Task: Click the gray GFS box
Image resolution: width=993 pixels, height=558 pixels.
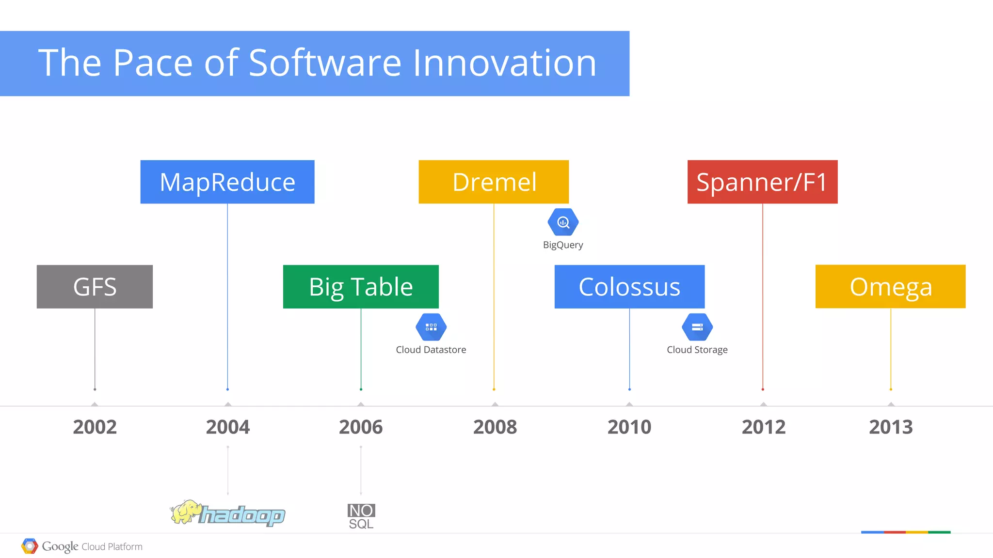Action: pyautogui.click(x=95, y=286)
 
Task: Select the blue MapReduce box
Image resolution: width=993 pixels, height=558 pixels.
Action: pyautogui.click(x=227, y=182)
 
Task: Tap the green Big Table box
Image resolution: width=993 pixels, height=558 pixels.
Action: pyautogui.click(x=361, y=286)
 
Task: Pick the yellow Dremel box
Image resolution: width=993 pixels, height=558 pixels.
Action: pyautogui.click(x=494, y=182)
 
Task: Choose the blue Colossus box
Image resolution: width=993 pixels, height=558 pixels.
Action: pyautogui.click(x=629, y=286)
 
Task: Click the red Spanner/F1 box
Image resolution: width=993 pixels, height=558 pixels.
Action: pyautogui.click(x=762, y=182)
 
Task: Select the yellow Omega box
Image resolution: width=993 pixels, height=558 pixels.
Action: pyautogui.click(x=890, y=286)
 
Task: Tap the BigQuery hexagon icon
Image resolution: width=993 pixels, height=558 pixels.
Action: pyautogui.click(x=563, y=222)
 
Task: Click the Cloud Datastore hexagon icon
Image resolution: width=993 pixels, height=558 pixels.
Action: pyautogui.click(x=431, y=327)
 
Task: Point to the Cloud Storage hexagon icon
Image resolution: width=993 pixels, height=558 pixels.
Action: pyautogui.click(x=697, y=327)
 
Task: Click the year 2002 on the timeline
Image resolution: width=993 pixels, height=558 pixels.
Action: pyautogui.click(x=95, y=427)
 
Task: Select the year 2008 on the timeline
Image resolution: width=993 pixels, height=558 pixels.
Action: pyautogui.click(x=495, y=427)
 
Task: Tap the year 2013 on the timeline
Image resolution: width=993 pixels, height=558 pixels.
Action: pyautogui.click(x=891, y=427)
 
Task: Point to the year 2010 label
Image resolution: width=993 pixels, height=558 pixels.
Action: pyautogui.click(x=629, y=427)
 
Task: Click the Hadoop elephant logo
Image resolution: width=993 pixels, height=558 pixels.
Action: pyautogui.click(x=186, y=512)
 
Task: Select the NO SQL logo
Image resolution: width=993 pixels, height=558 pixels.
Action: pyautogui.click(x=361, y=516)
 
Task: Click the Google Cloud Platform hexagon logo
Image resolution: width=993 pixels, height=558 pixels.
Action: pyautogui.click(x=30, y=546)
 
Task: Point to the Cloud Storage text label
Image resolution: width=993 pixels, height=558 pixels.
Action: pyautogui.click(x=697, y=350)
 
